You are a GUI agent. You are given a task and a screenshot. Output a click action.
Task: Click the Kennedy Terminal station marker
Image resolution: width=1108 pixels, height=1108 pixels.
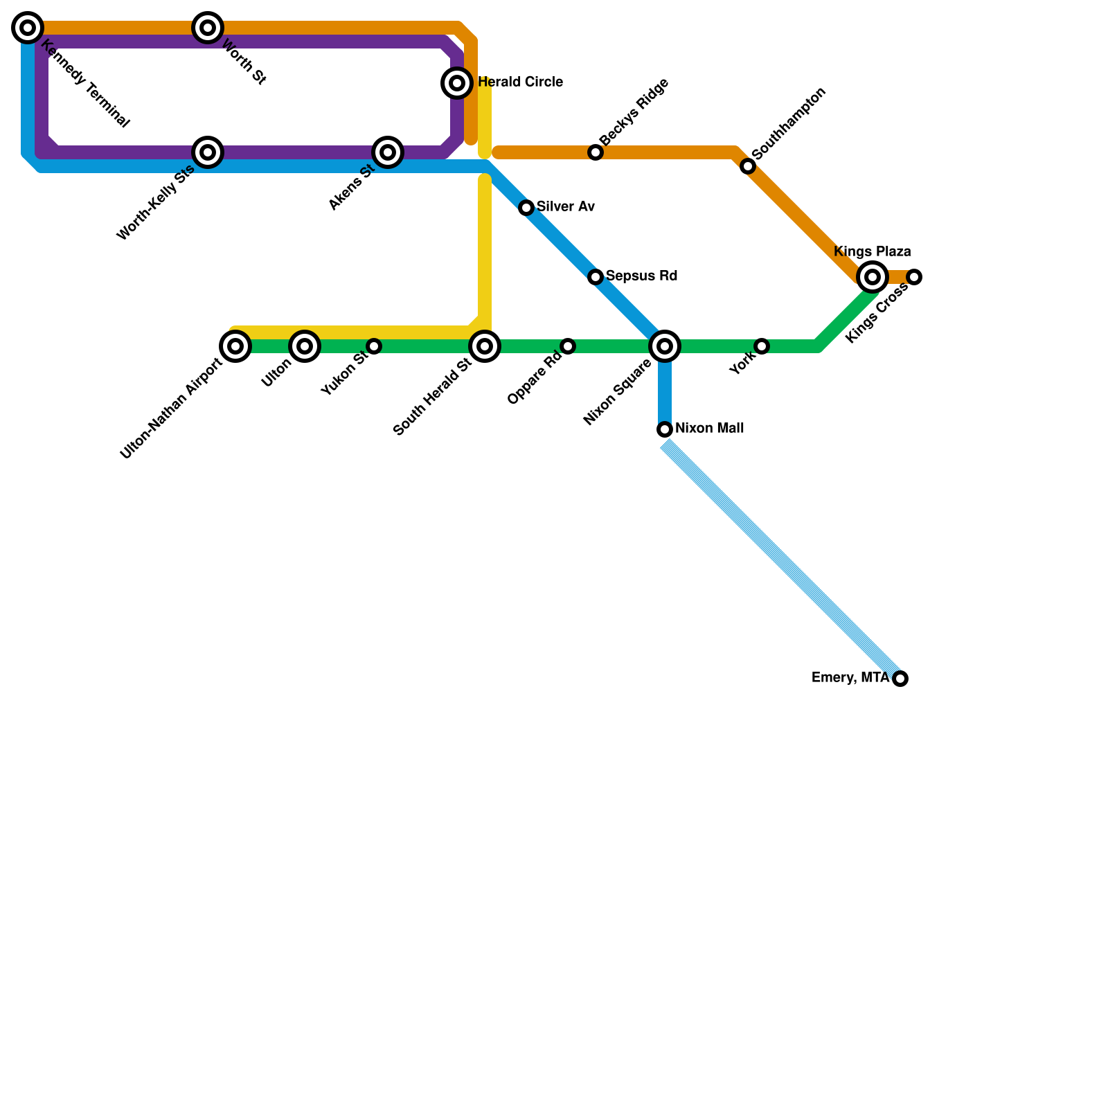pos(28,28)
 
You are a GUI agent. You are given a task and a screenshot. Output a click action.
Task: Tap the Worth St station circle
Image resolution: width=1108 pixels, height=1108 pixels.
pos(208,28)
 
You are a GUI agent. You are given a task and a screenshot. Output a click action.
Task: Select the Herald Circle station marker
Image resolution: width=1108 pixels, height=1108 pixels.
pos(457,83)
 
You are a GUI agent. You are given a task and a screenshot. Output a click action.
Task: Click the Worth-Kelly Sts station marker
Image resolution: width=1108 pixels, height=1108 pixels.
pos(208,152)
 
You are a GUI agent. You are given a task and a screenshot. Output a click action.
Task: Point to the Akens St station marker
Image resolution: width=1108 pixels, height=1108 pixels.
pos(388,152)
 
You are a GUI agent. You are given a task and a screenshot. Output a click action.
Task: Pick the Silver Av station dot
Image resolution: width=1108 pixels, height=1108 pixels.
pos(526,208)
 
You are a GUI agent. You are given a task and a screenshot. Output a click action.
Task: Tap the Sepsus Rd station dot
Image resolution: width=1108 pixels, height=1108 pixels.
pos(596,277)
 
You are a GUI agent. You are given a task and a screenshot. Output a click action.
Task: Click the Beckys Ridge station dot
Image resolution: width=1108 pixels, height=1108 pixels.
pos(596,152)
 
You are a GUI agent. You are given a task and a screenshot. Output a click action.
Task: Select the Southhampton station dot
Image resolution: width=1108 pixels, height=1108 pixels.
pos(748,166)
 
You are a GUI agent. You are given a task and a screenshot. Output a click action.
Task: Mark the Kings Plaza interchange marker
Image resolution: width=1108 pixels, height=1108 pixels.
pos(873,277)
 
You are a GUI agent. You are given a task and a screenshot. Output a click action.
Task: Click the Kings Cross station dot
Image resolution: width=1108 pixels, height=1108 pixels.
pos(914,277)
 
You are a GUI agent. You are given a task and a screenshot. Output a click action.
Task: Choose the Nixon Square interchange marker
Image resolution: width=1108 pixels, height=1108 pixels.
pos(665,346)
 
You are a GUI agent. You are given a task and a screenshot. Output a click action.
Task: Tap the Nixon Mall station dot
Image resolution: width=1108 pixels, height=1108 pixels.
pos(665,429)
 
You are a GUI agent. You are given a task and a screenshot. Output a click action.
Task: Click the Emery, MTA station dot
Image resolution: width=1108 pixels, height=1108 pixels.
pos(900,679)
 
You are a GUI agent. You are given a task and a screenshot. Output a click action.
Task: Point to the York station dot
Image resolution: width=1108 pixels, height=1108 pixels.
pos(762,346)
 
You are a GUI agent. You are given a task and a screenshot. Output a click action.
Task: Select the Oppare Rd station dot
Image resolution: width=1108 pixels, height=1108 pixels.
pos(568,346)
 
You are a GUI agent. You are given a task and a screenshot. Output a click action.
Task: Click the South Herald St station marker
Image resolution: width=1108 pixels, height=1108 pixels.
pos(485,346)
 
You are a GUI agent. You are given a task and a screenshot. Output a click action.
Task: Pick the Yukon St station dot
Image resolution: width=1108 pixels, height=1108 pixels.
pos(374,346)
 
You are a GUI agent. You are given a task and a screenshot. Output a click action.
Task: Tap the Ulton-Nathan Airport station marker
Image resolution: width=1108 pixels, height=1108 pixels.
pos(235,346)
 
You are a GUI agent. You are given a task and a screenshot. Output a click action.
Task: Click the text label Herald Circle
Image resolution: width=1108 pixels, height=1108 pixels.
pos(520,82)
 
